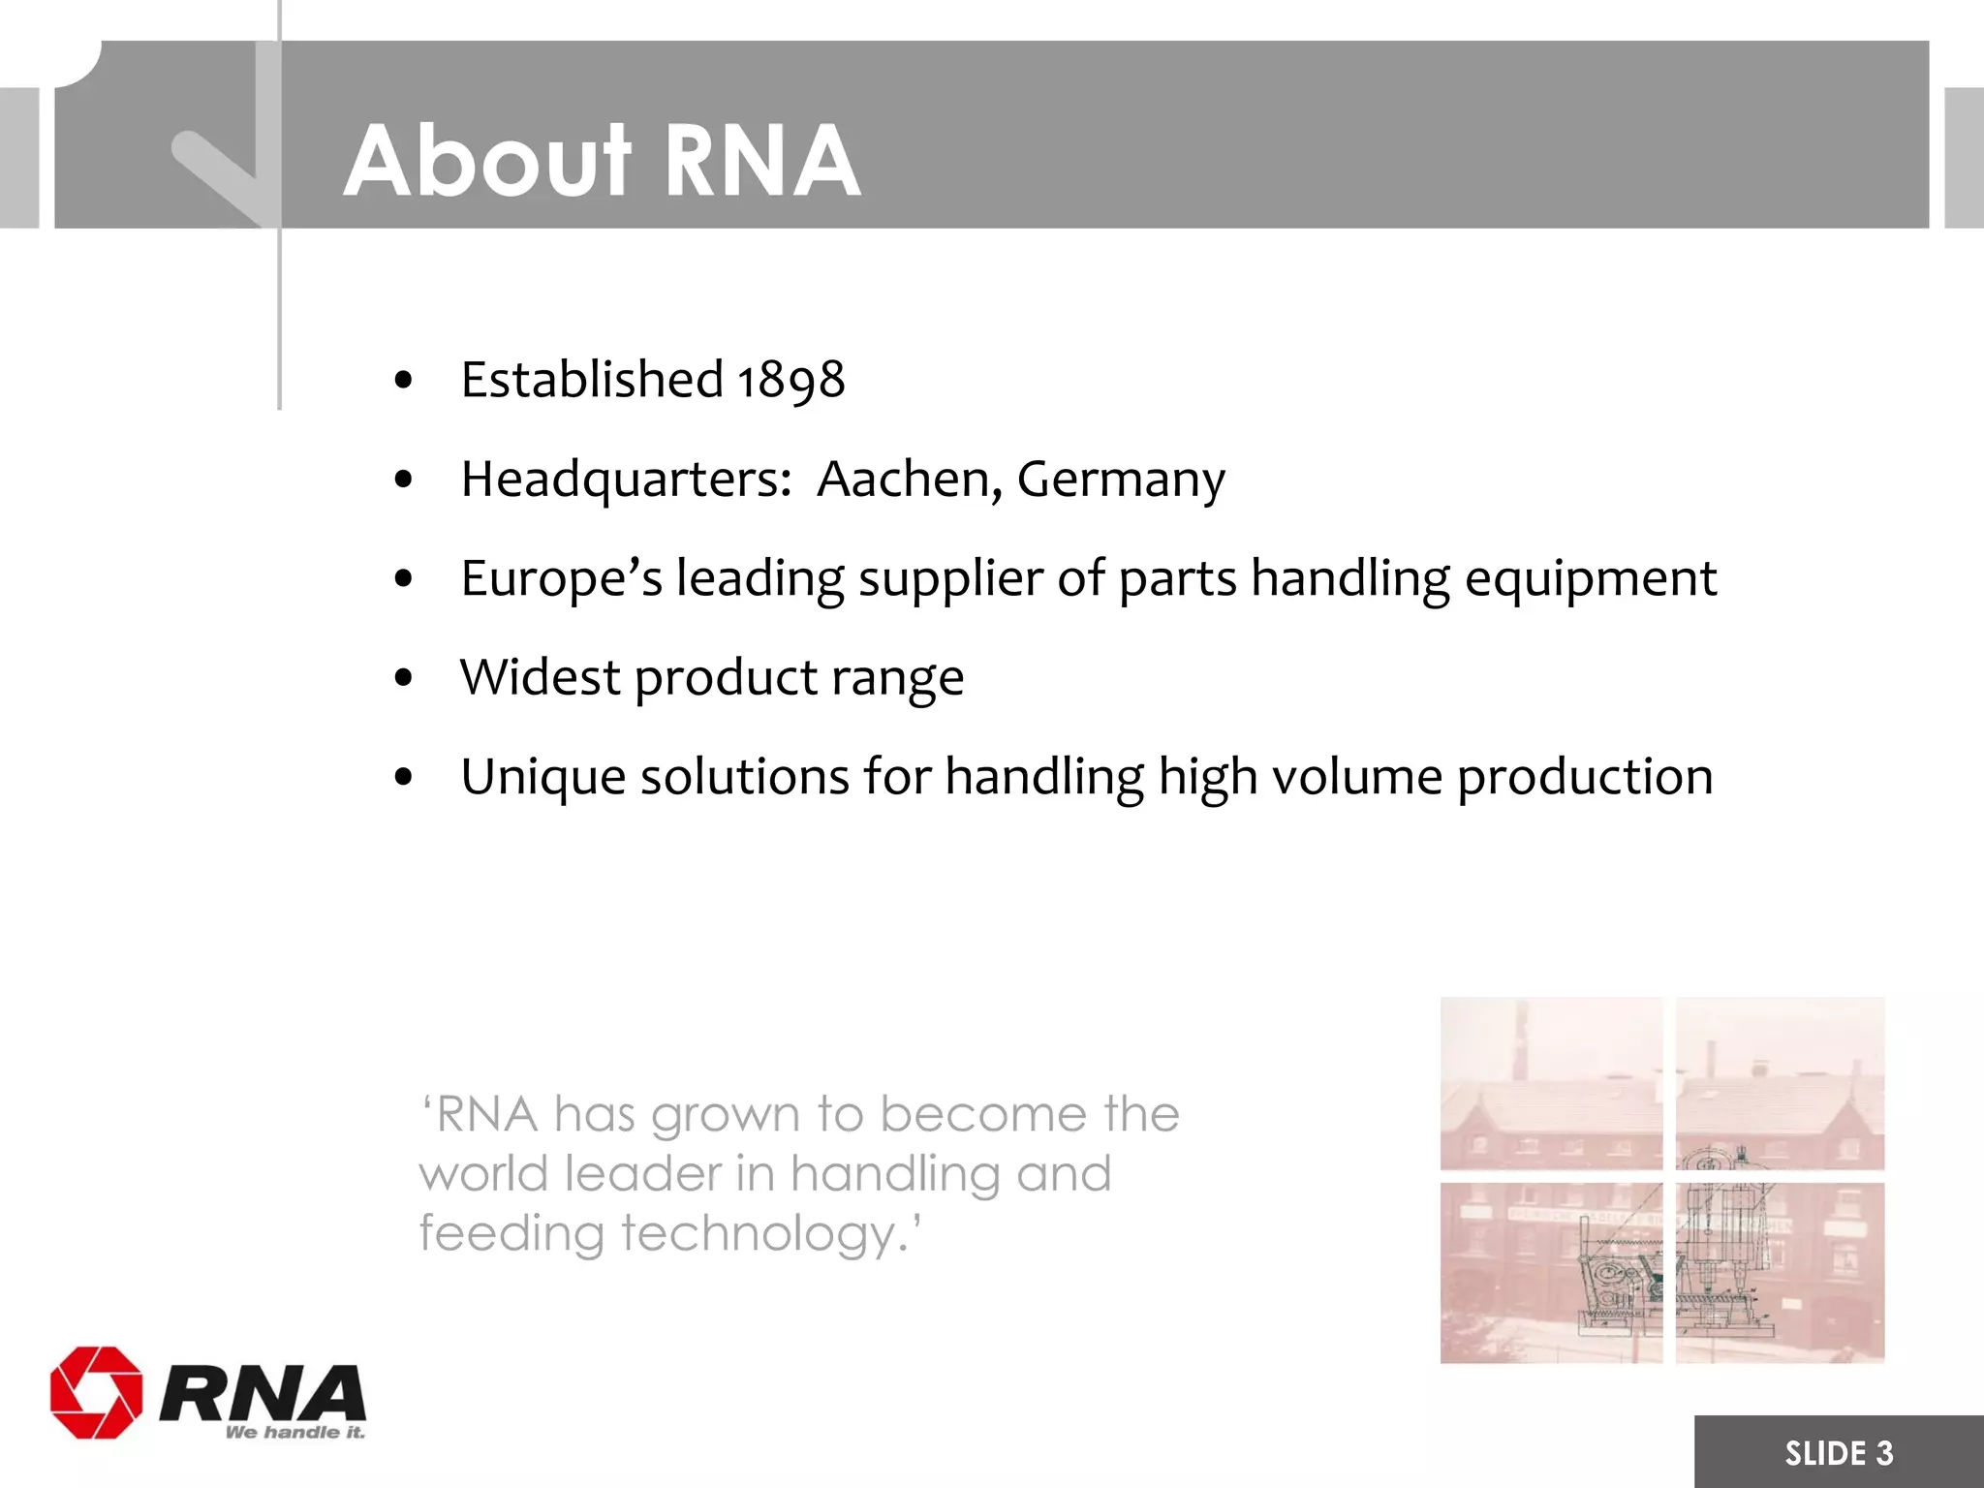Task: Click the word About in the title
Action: point(487,161)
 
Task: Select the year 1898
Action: point(790,380)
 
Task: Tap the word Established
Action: point(591,379)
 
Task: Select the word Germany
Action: point(1121,480)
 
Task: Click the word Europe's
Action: point(561,578)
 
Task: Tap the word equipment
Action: point(1590,578)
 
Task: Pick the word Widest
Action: point(540,677)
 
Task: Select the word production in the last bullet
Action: point(1585,778)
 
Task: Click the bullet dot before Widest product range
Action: point(404,678)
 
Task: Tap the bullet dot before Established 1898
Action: point(404,381)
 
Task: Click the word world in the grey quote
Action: point(483,1174)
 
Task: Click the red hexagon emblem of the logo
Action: point(96,1392)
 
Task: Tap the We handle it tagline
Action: point(294,1433)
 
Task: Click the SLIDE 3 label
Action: point(1838,1453)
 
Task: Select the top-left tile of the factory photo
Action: point(1550,1083)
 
